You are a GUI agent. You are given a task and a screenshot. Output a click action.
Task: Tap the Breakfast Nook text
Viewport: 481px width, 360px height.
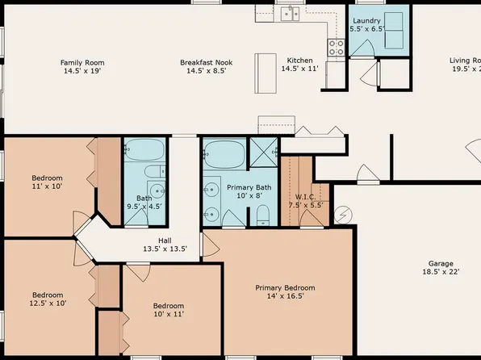tap(206, 62)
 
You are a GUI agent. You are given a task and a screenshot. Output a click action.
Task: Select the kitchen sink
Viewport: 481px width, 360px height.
tap(289, 13)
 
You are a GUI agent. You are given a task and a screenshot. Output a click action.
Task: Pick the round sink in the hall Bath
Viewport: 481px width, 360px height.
tap(157, 192)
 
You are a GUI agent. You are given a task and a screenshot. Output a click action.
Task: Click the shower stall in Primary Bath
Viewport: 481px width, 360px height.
tap(263, 151)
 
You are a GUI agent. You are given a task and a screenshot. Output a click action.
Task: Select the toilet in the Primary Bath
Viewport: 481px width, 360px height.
tap(263, 215)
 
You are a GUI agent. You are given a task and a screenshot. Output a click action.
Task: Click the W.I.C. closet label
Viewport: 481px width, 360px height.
tap(305, 196)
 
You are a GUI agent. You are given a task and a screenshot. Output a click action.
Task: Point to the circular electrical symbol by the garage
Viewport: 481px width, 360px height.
tap(344, 215)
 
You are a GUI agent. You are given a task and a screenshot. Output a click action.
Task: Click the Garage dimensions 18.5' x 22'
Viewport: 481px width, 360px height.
tap(441, 272)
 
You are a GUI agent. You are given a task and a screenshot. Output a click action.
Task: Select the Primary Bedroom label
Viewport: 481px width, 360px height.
tap(285, 287)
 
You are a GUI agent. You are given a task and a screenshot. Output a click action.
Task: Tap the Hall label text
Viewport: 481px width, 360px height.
tap(165, 240)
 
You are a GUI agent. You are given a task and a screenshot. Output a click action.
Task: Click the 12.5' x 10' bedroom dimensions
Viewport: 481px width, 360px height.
tap(49, 303)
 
